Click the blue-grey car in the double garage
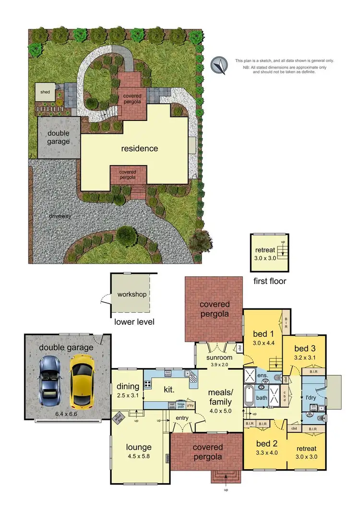coord(50,379)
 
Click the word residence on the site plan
coord(139,148)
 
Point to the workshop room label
coord(132,294)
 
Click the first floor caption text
coord(270,281)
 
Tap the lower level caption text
coord(134,321)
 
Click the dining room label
coord(127,386)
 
